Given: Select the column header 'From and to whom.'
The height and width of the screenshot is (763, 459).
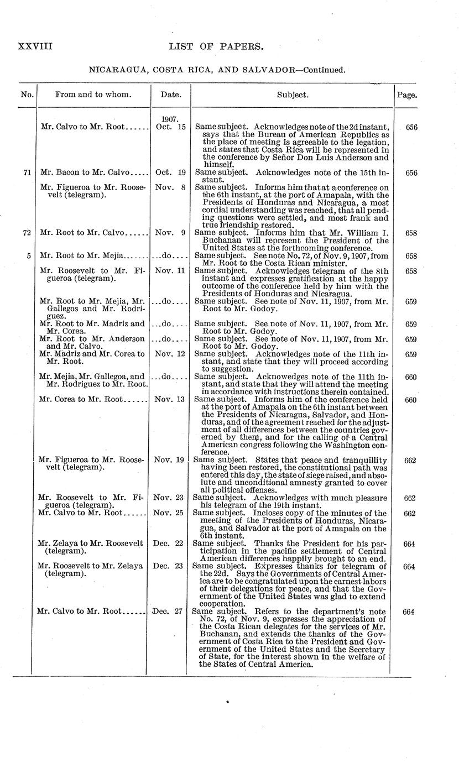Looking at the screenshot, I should (x=93, y=95).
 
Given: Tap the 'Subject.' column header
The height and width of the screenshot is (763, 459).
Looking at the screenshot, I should (x=293, y=95).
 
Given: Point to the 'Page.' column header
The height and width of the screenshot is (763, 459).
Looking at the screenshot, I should (x=406, y=95).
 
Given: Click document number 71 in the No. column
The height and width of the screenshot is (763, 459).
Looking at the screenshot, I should (x=27, y=173).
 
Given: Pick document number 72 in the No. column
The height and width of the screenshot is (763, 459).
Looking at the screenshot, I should (x=27, y=233).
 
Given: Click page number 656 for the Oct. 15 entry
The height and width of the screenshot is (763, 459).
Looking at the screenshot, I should (x=411, y=127).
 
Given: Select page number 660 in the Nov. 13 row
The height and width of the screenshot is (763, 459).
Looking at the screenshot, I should (x=410, y=400).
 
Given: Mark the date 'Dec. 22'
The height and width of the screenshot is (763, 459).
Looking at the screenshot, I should (x=169, y=543).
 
